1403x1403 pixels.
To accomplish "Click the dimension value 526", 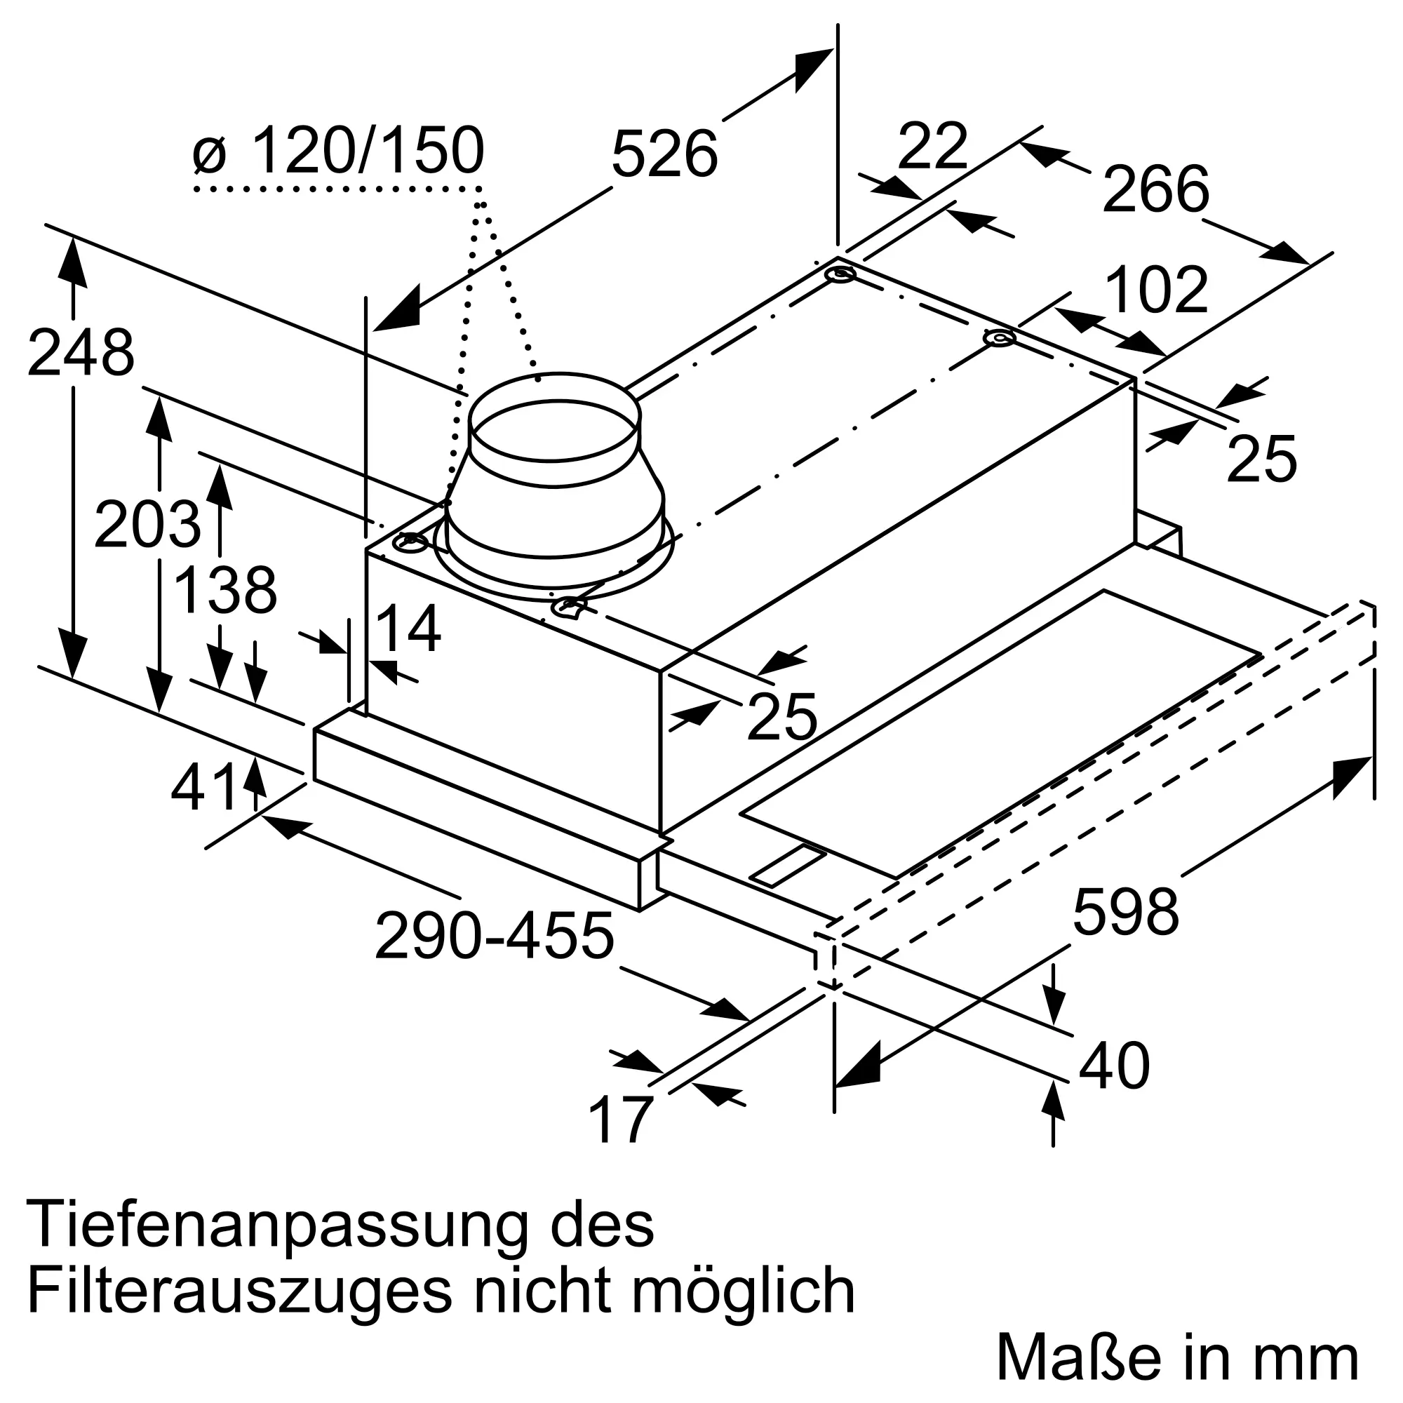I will pyautogui.click(x=664, y=154).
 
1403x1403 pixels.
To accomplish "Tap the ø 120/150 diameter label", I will pyautogui.click(x=339, y=150).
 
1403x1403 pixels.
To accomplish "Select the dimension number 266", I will pyautogui.click(x=1155, y=189).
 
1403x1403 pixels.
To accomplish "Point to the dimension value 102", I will pyautogui.click(x=1156, y=290).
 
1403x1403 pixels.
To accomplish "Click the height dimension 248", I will pyautogui.click(x=81, y=354).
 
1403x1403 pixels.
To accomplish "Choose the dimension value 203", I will pyautogui.click(x=147, y=524).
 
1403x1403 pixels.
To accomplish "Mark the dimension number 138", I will pyautogui.click(x=226, y=591).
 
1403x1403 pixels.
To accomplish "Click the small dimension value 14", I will pyautogui.click(x=408, y=629).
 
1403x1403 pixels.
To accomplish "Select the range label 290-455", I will pyautogui.click(x=495, y=936).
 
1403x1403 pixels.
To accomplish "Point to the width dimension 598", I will pyautogui.click(x=1126, y=912).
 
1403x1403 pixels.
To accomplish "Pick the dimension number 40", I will pyautogui.click(x=1115, y=1066).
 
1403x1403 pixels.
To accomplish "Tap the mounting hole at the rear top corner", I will pyautogui.click(x=840, y=276).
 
